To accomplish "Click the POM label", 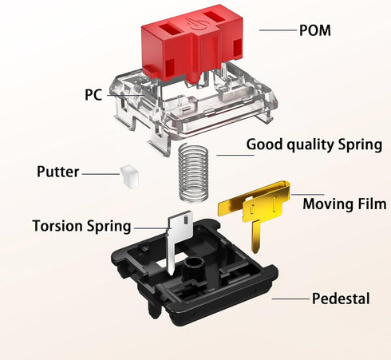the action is pyautogui.click(x=315, y=30).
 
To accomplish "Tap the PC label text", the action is pyautogui.click(x=93, y=94).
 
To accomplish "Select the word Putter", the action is pyautogui.click(x=57, y=172).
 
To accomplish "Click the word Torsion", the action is pyautogui.click(x=57, y=226).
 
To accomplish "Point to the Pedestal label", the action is pyautogui.click(x=341, y=299).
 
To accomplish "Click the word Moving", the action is pyautogui.click(x=328, y=204).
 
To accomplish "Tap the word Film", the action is pyautogui.click(x=372, y=204).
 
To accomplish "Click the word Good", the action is pyautogui.click(x=264, y=144).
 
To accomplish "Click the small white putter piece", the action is pyautogui.click(x=130, y=176).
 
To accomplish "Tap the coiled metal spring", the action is pyautogui.click(x=193, y=172).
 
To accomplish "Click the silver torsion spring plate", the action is pyautogui.click(x=178, y=234).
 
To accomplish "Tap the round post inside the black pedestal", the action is pyautogui.click(x=193, y=264).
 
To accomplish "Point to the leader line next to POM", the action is pyautogui.click(x=278, y=30).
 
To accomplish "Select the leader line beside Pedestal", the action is pyautogui.click(x=290, y=299).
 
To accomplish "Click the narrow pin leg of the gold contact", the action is pyautogui.click(x=256, y=237).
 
